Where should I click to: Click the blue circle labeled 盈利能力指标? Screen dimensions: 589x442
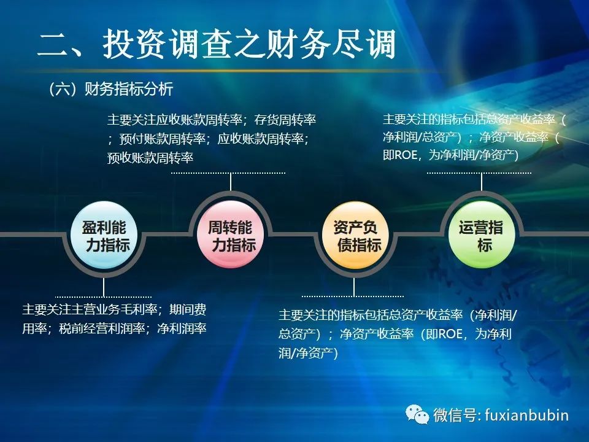coord(104,235)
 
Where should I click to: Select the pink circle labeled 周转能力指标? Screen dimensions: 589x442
coord(230,235)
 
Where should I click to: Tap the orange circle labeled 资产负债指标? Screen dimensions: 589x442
coord(355,235)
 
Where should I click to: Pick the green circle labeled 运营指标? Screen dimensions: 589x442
coord(481,235)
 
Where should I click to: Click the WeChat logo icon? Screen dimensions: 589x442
coord(417,414)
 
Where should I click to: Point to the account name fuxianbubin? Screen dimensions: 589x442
coord(526,416)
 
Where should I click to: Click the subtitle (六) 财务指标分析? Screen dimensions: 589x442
coord(111,90)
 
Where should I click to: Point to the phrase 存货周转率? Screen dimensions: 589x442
coord(285,120)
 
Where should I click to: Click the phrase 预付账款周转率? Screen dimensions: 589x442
coord(162,139)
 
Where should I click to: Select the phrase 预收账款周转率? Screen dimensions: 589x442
coord(150,158)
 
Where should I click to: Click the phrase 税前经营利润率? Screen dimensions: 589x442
coord(102,328)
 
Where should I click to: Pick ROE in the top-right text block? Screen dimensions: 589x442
coord(406,155)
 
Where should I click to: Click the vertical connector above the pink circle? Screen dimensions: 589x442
coord(230,182)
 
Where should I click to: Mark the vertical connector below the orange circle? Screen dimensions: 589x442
coord(353,287)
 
